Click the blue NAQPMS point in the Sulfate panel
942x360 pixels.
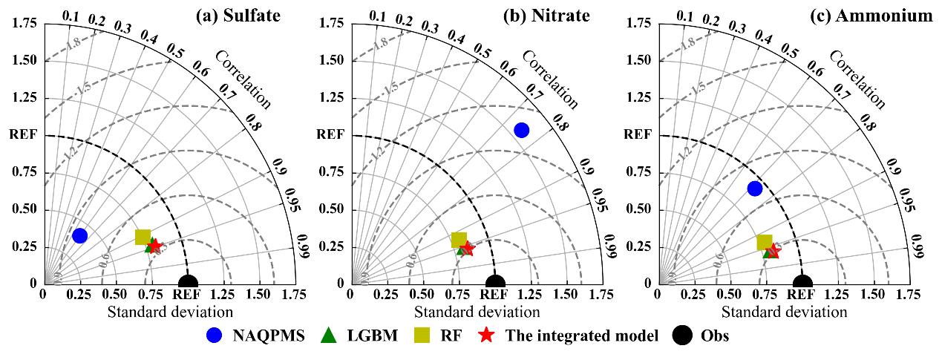point(79,236)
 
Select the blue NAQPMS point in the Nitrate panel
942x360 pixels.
point(521,130)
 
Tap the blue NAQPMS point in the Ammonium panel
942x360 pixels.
point(755,189)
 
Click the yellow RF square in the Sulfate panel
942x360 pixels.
point(143,238)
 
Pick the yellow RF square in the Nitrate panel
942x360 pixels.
point(459,240)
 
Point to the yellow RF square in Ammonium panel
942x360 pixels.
point(765,242)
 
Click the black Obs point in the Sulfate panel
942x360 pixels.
point(189,283)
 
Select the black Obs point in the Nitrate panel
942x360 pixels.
point(495,283)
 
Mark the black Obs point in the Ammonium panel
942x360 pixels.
point(802,283)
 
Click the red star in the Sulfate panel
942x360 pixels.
point(154,246)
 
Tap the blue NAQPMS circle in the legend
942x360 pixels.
point(214,336)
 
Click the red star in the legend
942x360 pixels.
point(486,336)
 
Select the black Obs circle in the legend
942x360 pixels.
point(685,336)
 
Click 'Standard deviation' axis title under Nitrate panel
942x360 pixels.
point(477,312)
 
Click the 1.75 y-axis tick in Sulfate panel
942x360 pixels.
point(24,24)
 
